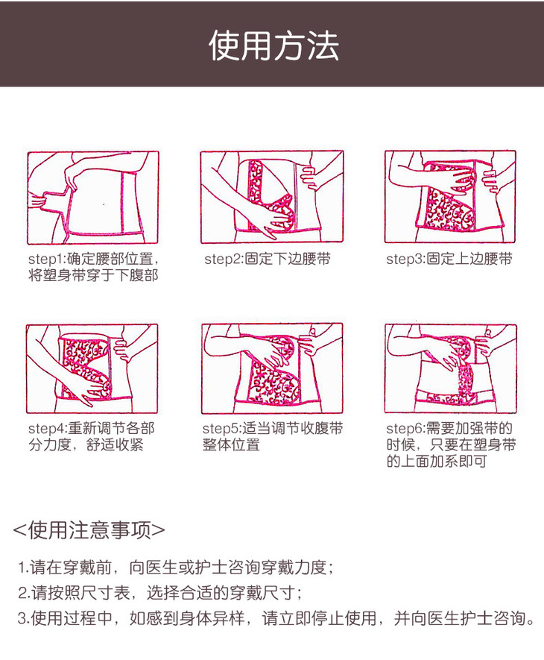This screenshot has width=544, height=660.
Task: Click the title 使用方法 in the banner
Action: [274, 45]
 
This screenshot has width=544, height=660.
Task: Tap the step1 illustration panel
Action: [93, 198]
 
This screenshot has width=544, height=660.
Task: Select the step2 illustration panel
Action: [272, 197]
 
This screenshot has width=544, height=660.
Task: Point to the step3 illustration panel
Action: [450, 197]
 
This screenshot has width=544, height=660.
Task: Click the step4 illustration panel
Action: [92, 368]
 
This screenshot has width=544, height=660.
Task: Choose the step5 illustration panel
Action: [272, 368]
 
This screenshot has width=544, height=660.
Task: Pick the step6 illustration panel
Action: [451, 368]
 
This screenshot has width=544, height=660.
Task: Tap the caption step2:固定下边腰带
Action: [268, 259]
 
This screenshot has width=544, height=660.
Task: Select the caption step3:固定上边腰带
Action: [449, 259]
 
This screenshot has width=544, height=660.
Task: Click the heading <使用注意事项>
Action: [89, 530]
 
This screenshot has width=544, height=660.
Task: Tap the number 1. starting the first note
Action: [23, 568]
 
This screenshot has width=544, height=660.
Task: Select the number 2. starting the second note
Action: [24, 593]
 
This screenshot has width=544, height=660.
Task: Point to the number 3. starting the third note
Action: [24, 618]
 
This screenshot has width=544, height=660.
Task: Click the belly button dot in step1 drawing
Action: [104, 204]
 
